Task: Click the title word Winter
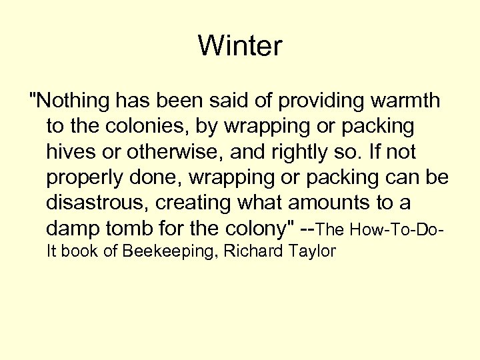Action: [240, 46]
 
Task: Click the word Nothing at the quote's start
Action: [73, 101]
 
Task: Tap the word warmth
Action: [407, 101]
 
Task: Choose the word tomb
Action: [130, 229]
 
